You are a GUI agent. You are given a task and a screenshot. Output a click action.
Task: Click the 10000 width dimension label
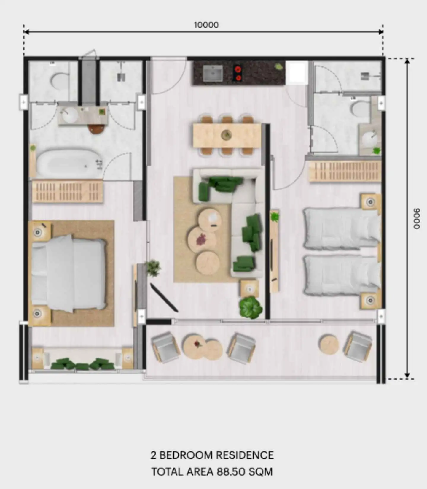click(206, 25)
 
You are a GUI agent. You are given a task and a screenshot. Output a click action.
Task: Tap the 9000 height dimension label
click(417, 219)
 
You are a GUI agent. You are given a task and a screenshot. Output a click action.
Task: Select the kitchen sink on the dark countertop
click(213, 73)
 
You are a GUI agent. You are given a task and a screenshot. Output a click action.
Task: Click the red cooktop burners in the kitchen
click(238, 73)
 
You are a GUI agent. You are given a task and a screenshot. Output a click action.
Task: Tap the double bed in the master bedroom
click(68, 273)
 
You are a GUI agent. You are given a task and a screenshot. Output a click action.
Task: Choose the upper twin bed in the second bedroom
click(342, 228)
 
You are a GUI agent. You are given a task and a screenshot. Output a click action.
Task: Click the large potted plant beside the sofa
click(251, 307)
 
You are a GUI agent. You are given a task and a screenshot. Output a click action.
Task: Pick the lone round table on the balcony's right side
click(329, 344)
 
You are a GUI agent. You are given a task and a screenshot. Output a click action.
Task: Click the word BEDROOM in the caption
click(186, 455)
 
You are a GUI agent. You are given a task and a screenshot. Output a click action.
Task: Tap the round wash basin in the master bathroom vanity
click(70, 115)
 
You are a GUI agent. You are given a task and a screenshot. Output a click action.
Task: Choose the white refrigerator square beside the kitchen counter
click(297, 72)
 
